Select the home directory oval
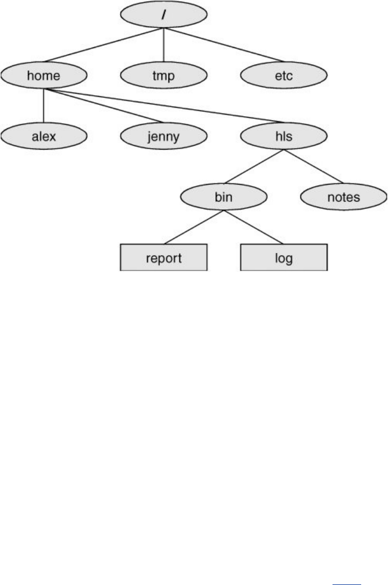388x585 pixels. click(44, 76)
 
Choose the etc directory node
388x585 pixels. click(283, 76)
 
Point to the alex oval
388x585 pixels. click(44, 136)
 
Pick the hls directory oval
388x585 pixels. click(283, 136)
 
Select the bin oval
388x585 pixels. click(224, 197)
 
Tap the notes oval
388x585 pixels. click(343, 197)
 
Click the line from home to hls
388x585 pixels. click(161, 105)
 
